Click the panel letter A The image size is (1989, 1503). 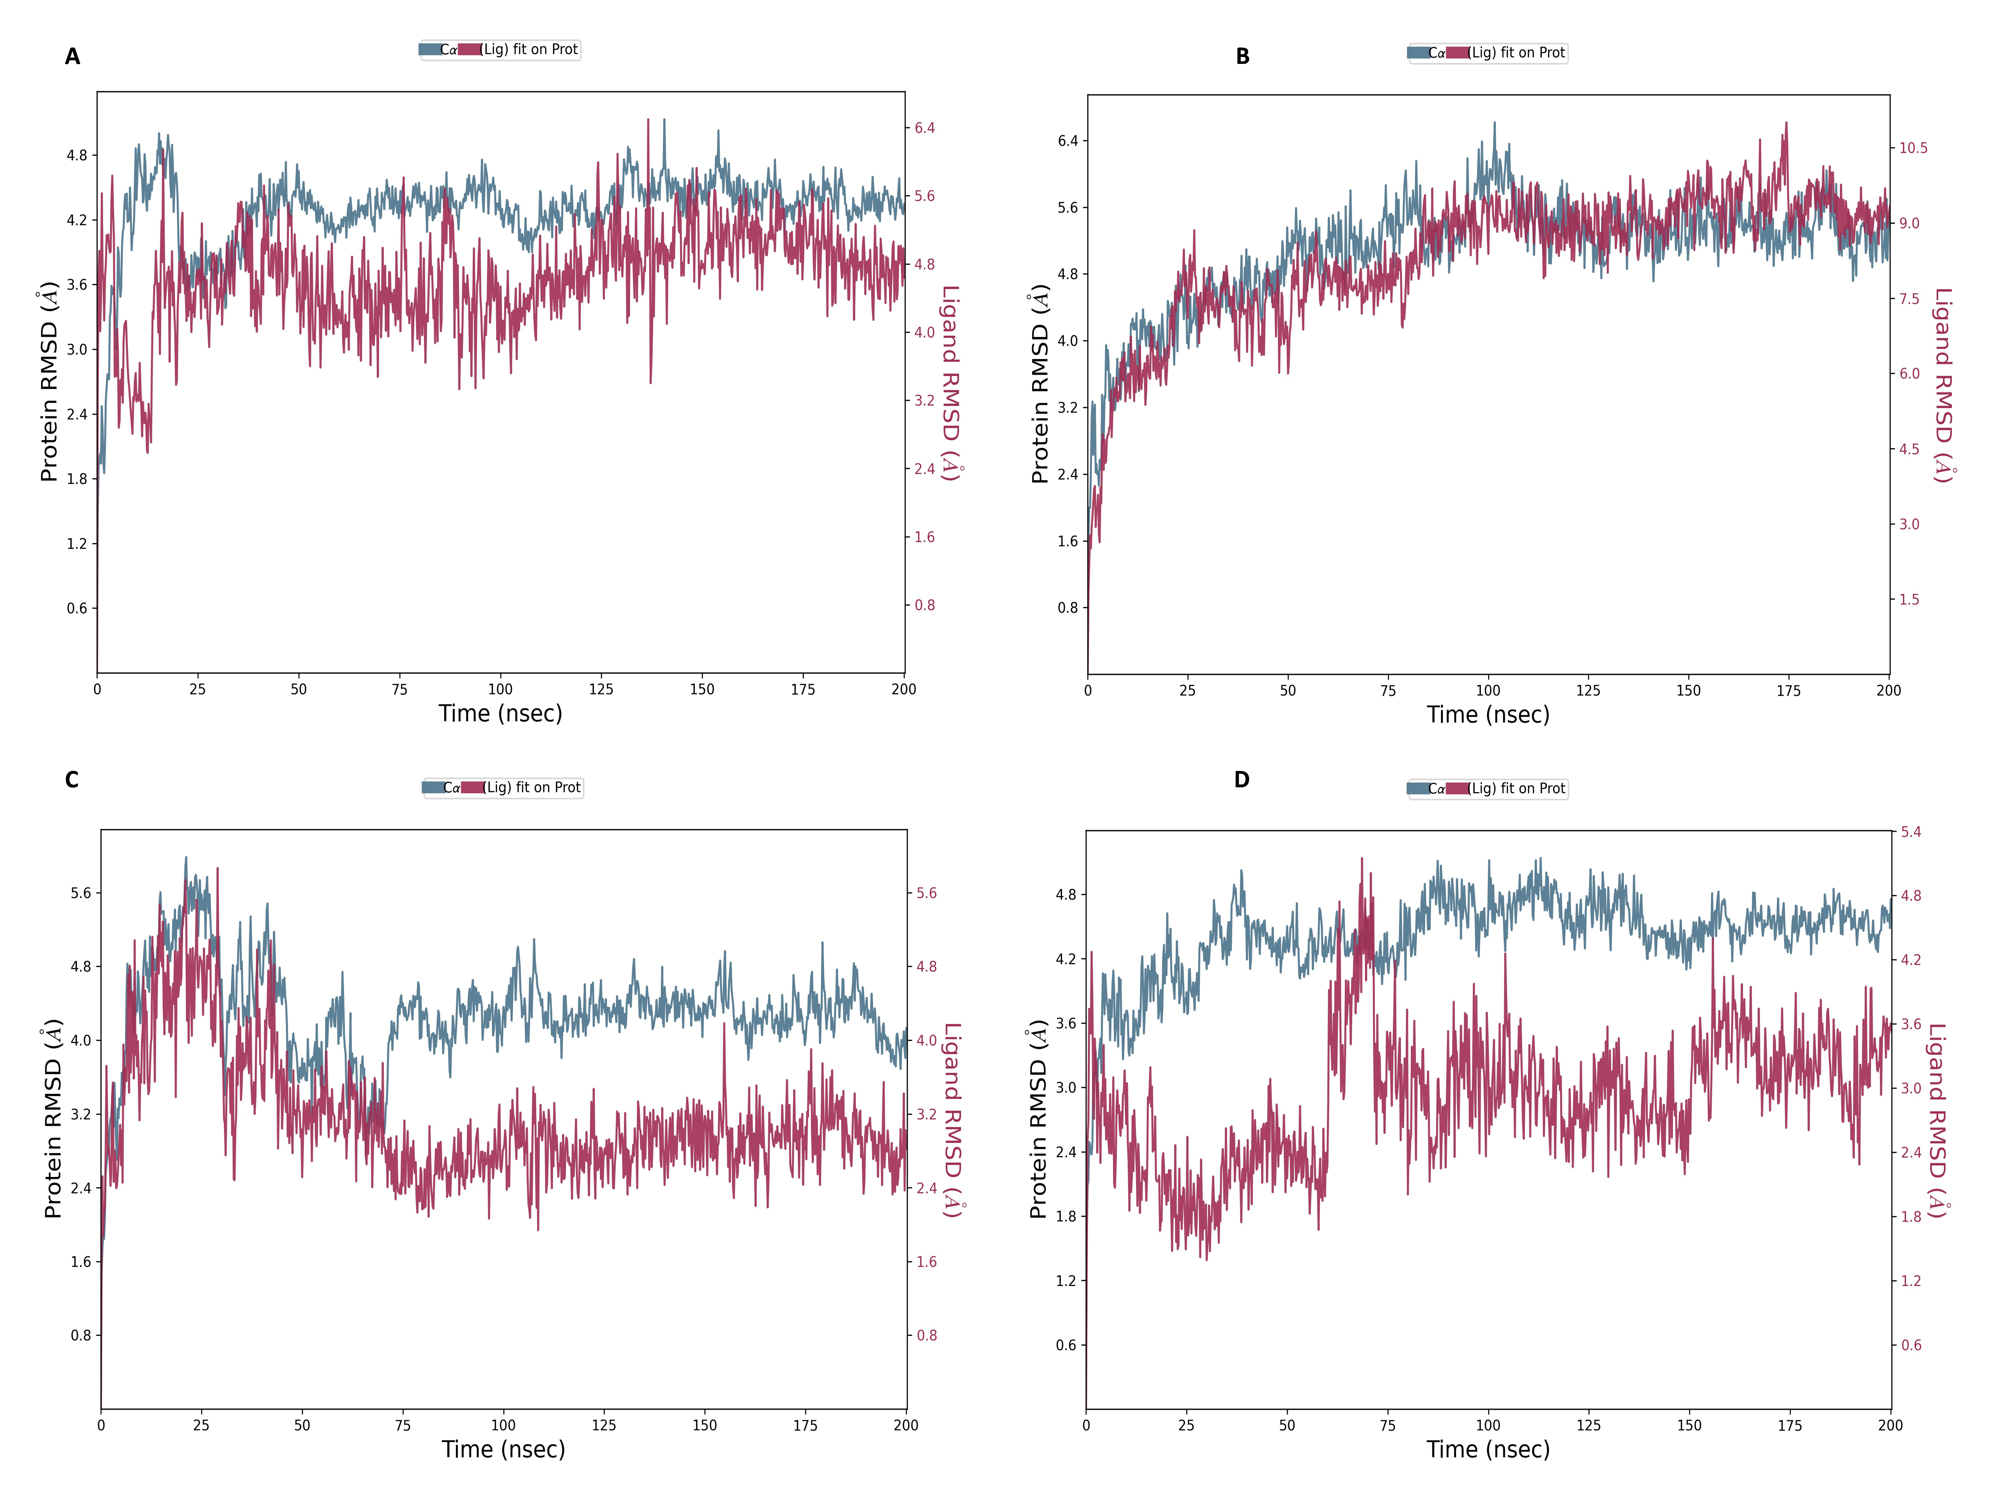coord(72,57)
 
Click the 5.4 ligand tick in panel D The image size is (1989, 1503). coord(1911,832)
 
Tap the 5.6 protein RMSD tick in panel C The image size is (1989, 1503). coord(81,893)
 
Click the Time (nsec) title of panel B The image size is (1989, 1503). coord(1488,715)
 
